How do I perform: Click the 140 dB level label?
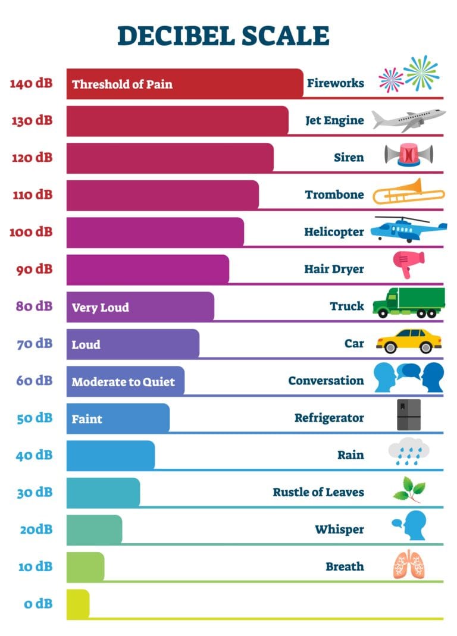tap(31, 83)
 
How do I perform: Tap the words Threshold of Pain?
tap(122, 84)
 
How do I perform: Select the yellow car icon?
tap(409, 341)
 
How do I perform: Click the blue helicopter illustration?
tap(408, 229)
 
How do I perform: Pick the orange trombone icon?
tap(408, 193)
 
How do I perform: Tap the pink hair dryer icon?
tap(408, 264)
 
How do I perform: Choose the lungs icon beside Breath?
tap(409, 565)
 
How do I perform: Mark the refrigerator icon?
tap(408, 415)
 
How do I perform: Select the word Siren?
tap(349, 158)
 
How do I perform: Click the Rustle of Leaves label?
tap(318, 492)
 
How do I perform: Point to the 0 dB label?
tap(39, 604)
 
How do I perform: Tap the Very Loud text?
tap(100, 308)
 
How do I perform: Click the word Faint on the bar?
tap(87, 419)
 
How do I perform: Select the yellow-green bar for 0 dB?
tap(77, 604)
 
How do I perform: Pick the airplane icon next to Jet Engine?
tap(408, 119)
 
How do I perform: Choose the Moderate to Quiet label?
tap(123, 382)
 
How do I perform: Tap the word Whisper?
tap(339, 529)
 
